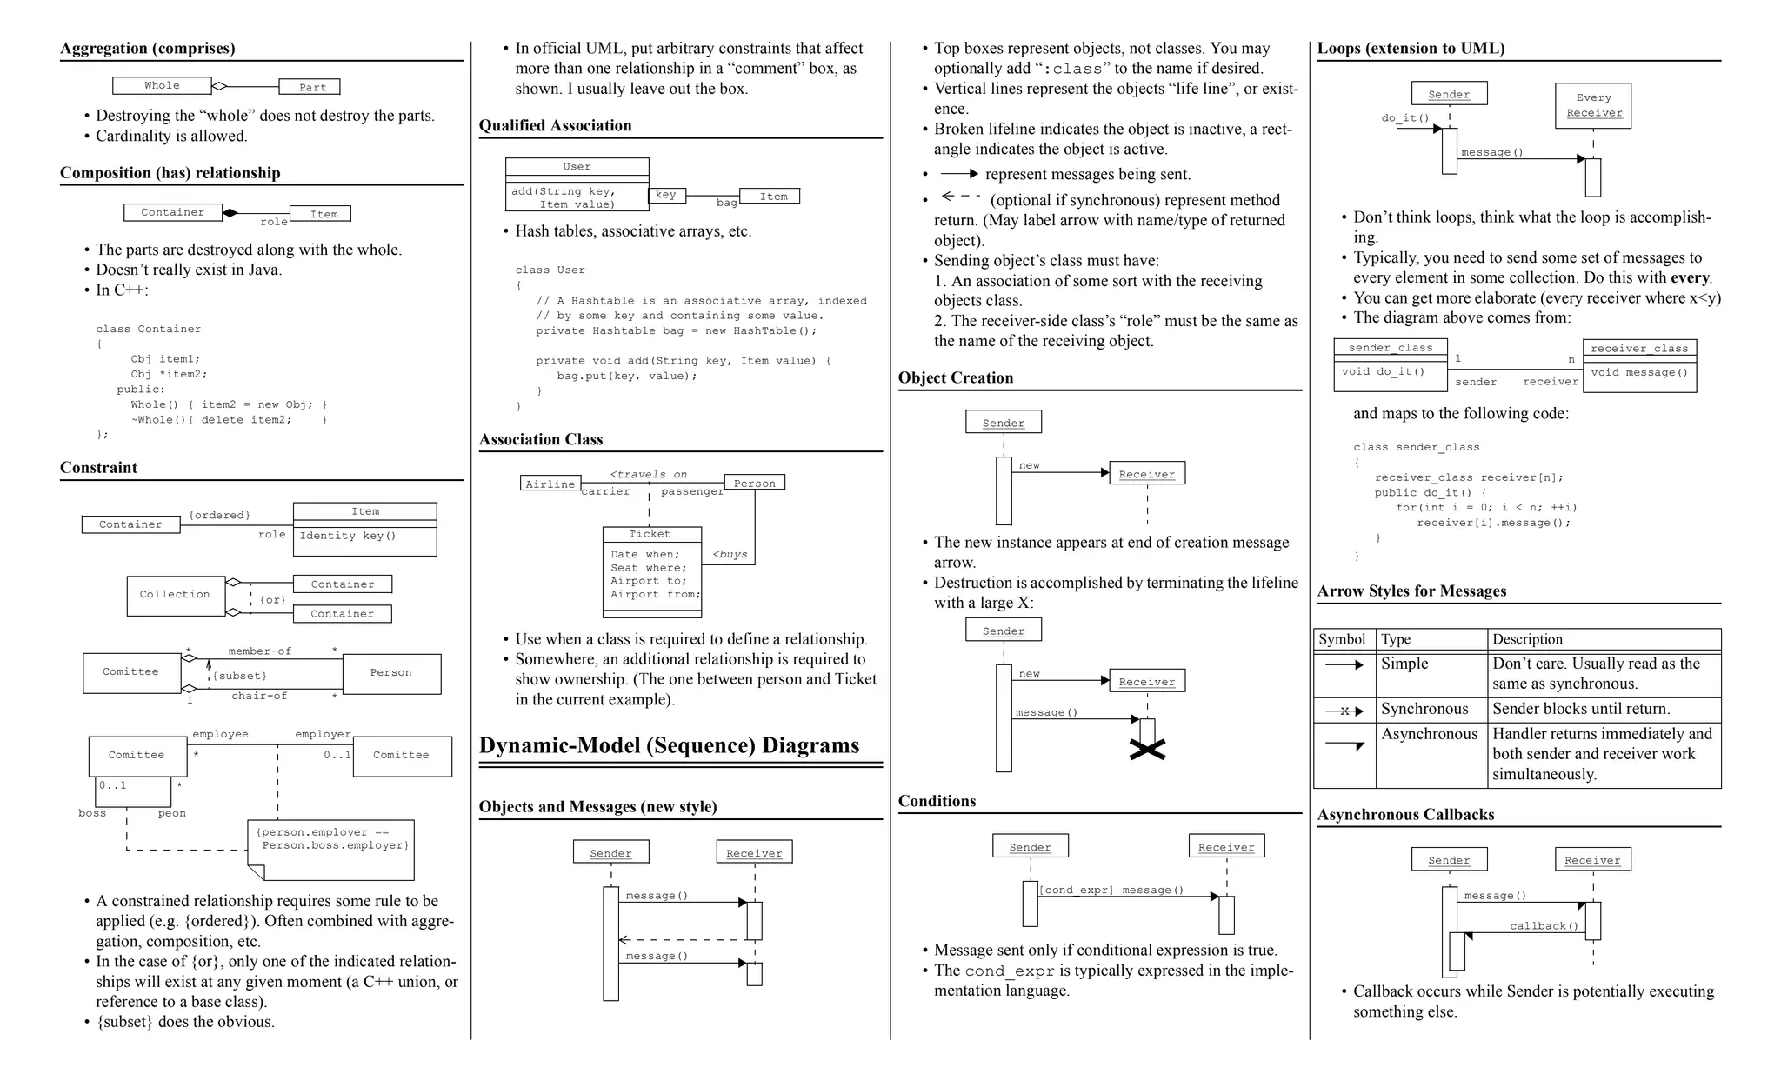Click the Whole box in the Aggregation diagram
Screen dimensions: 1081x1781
point(162,85)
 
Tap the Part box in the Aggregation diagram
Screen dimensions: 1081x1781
point(310,87)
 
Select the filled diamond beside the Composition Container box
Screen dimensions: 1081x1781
point(230,212)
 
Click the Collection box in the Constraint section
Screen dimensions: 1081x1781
point(175,595)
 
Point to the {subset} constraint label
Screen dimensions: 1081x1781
point(240,676)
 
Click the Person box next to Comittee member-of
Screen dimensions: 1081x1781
point(391,673)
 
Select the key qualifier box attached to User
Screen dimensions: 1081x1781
point(666,195)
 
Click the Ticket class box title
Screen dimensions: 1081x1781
point(650,534)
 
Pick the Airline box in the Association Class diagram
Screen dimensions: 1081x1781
point(550,484)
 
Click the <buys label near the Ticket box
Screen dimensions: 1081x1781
point(730,554)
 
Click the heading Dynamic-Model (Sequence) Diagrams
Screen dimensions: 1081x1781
point(669,745)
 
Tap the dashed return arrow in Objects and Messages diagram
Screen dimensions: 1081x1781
point(684,940)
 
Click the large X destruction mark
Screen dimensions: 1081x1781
point(1147,750)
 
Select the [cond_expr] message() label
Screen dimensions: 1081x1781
point(1112,890)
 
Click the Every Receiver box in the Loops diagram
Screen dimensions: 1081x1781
point(1593,105)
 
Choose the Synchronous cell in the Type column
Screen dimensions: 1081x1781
point(1424,709)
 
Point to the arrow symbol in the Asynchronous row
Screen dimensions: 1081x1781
point(1344,745)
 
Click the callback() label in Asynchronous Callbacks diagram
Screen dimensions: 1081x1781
point(1544,926)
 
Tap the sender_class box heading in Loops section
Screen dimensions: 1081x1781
point(1390,348)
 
